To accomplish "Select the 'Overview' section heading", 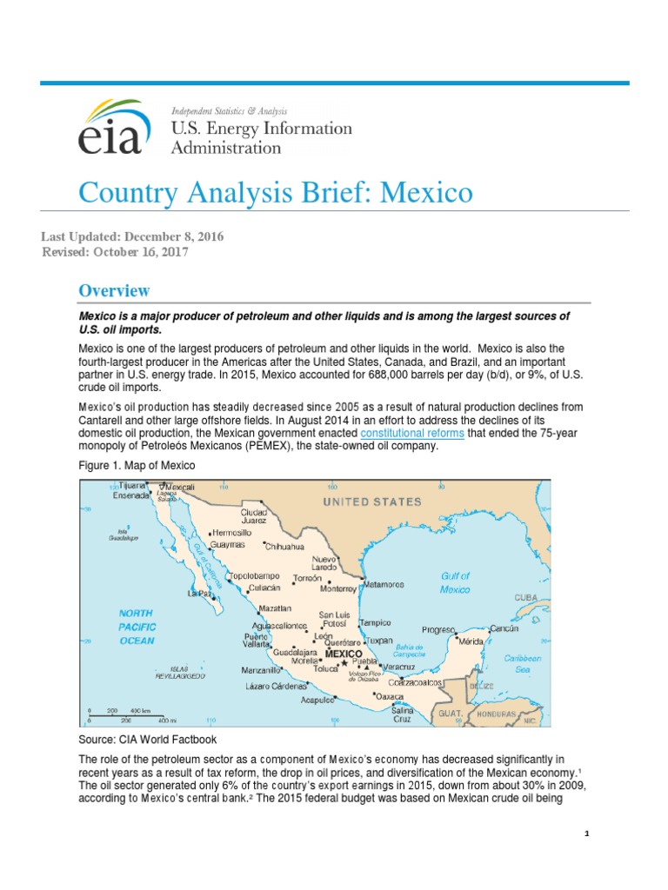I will [x=114, y=290].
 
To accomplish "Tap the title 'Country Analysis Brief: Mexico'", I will [x=276, y=191].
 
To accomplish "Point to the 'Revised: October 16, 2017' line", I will [x=115, y=252].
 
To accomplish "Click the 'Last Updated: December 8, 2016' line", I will [x=132, y=236].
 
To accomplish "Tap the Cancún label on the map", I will [x=504, y=628].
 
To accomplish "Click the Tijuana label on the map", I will [x=132, y=486].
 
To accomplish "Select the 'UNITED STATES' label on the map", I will [x=372, y=501].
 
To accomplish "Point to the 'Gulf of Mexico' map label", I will [x=454, y=582].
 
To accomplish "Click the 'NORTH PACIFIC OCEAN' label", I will [x=136, y=627].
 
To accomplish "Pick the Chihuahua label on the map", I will [x=284, y=547].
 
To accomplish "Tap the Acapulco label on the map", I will [x=317, y=699].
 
